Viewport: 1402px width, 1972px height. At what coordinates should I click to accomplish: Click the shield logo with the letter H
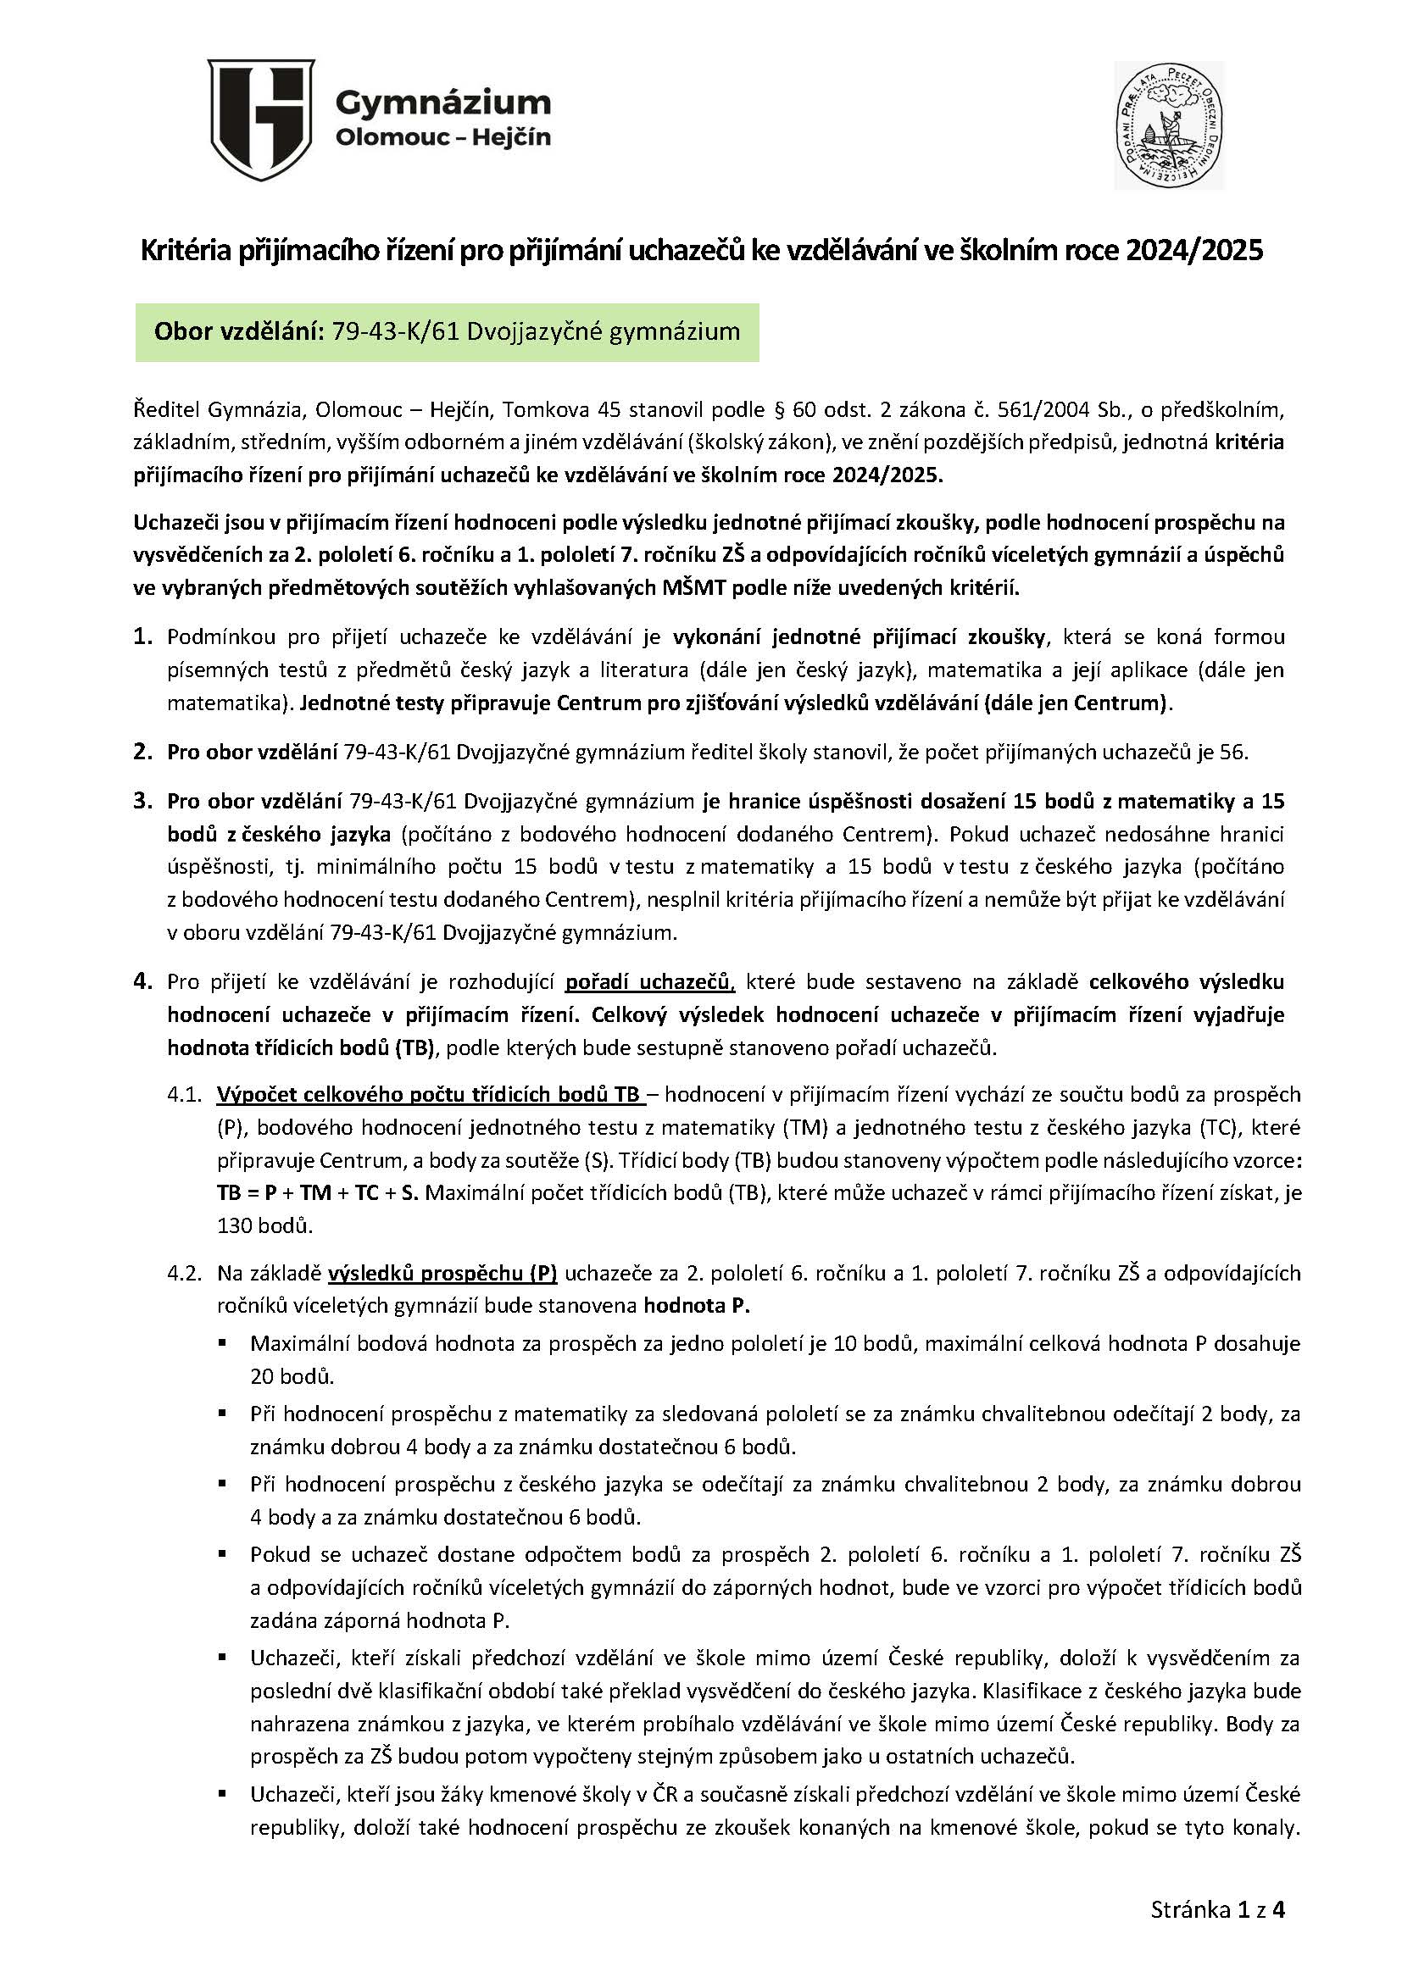coord(262,120)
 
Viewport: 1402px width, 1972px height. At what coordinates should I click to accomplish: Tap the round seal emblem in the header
coord(1168,125)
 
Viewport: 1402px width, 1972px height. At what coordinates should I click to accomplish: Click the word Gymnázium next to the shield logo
coord(442,103)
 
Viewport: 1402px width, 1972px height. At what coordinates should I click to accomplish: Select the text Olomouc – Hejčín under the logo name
coord(442,137)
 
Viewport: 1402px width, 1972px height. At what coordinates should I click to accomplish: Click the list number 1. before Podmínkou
coord(143,637)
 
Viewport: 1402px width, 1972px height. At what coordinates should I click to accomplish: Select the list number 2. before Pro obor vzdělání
coord(143,752)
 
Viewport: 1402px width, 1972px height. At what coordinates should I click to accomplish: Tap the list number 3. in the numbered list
coord(143,801)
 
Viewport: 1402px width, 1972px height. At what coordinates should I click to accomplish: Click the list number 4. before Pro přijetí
coord(143,981)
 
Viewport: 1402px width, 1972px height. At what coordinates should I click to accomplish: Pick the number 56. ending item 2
coord(1233,752)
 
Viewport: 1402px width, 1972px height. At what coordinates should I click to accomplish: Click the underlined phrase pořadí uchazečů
coord(649,982)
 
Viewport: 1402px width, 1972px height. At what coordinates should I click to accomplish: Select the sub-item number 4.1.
coord(185,1094)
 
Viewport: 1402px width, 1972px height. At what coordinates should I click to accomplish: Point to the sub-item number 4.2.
coord(185,1273)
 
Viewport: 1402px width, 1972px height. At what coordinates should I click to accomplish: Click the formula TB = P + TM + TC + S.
coord(318,1192)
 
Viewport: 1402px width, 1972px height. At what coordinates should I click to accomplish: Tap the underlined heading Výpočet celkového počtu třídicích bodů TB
coord(428,1094)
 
